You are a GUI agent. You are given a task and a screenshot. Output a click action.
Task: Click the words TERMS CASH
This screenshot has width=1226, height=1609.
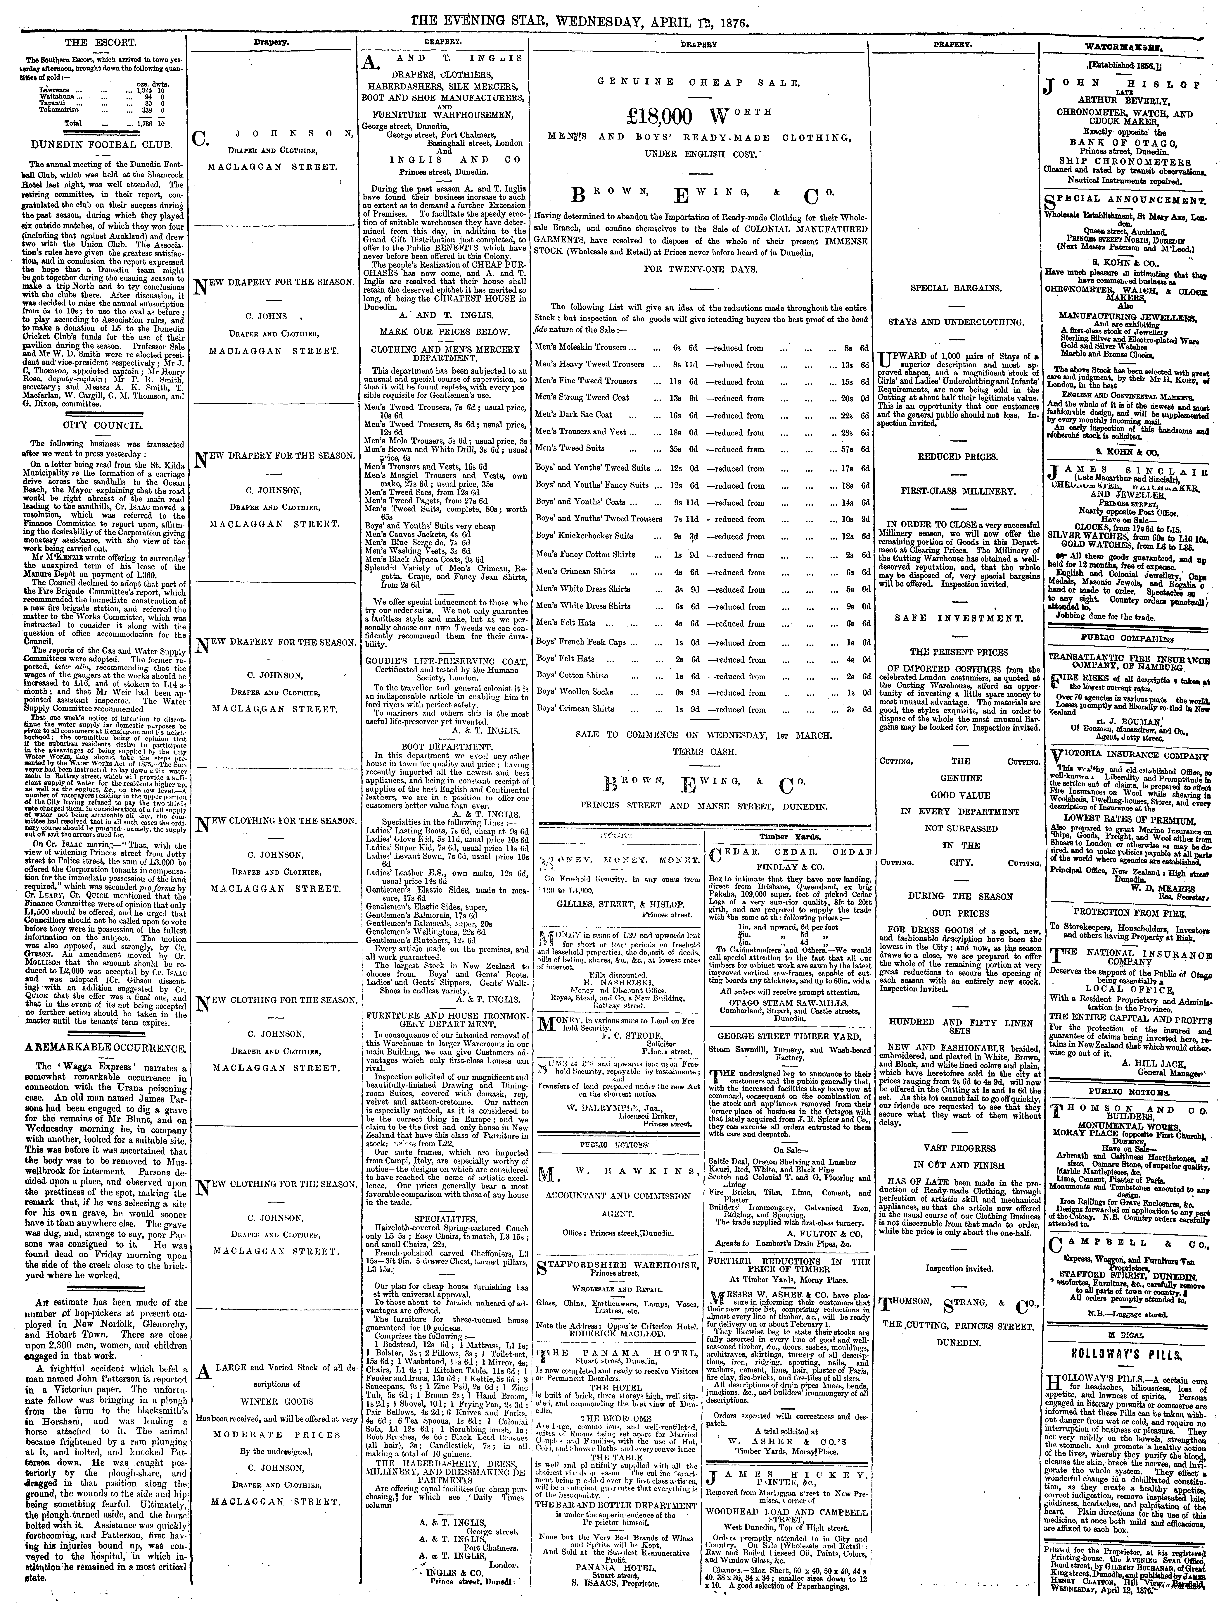(x=699, y=751)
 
